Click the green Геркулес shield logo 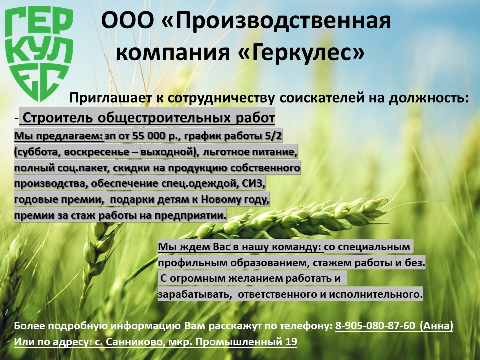tap(39, 53)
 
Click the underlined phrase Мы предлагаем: tap(58, 136)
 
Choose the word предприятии tap(190, 216)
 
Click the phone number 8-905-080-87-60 tap(375, 326)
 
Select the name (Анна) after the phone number tap(436, 326)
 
